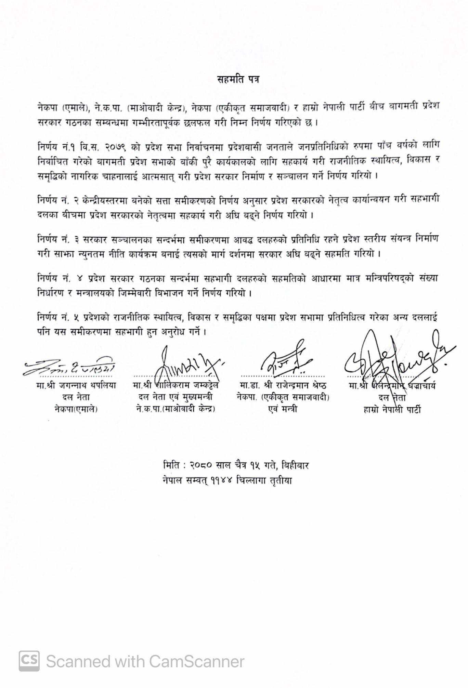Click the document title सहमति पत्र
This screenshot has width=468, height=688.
(238, 79)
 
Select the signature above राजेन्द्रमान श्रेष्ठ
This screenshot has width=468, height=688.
(286, 359)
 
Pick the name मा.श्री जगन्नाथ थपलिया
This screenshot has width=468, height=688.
(76, 385)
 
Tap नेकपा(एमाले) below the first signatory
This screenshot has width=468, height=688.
(76, 409)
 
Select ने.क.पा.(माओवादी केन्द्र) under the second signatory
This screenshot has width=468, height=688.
(175, 409)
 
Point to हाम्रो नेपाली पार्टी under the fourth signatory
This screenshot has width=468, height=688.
(392, 409)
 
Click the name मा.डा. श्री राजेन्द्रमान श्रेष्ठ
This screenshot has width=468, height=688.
(283, 385)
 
